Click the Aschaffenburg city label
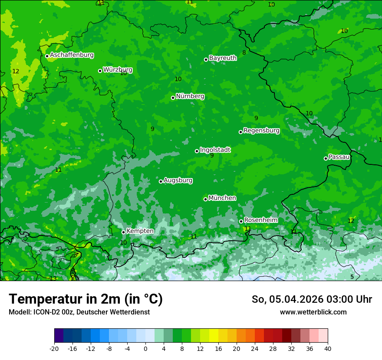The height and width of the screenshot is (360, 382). [72, 55]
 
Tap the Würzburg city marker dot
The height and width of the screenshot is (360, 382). [100, 71]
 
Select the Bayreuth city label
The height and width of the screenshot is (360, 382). [223, 58]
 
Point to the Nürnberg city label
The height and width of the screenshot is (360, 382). [190, 96]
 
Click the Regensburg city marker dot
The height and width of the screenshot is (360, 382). [240, 132]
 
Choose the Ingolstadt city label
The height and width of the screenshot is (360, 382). [215, 150]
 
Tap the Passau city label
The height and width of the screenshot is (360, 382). [339, 157]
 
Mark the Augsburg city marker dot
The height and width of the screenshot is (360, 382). [161, 181]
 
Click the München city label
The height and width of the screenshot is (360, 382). [222, 198]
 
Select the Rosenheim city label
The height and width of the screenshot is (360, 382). [260, 220]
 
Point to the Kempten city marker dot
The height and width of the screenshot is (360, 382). [123, 232]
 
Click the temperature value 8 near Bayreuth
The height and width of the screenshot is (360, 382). [244, 52]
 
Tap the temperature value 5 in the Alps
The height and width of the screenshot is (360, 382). [352, 277]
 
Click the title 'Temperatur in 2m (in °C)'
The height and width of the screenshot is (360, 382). [86, 299]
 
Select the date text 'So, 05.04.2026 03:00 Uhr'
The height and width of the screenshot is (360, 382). [312, 299]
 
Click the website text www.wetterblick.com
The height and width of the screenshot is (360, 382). [313, 312]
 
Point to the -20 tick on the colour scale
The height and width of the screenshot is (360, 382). [54, 348]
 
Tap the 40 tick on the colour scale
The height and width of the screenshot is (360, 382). [328, 348]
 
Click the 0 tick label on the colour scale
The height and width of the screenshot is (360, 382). [145, 348]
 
